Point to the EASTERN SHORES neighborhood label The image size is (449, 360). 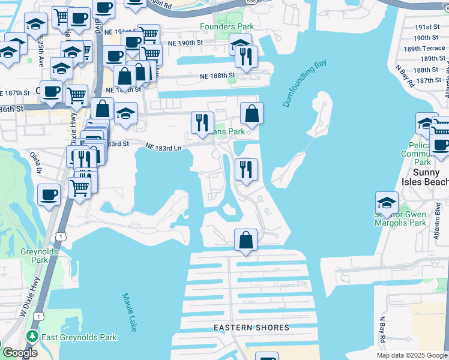click(252, 328)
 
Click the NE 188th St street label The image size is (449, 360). click(217, 76)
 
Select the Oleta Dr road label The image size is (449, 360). click(37, 163)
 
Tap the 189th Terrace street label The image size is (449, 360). click(424, 49)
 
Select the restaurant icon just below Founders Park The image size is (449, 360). click(246, 56)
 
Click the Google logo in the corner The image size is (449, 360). click(19, 353)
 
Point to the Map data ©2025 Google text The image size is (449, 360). click(412, 355)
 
